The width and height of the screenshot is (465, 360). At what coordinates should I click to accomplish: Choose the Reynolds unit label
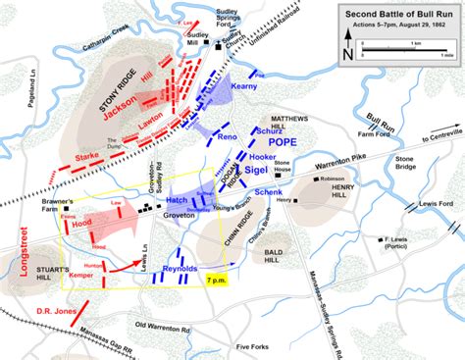click(x=181, y=268)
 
